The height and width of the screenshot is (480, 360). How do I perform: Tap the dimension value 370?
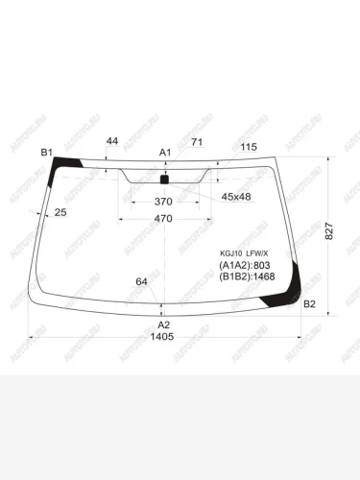(163, 203)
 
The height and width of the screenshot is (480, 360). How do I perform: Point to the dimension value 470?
(163, 220)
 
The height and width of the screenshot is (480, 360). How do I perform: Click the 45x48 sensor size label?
(236, 197)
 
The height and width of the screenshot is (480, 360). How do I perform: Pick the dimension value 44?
(112, 141)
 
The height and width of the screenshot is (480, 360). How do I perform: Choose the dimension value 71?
(197, 143)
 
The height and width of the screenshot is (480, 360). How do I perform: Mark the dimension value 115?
(249, 146)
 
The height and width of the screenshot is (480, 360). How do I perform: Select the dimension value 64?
(142, 281)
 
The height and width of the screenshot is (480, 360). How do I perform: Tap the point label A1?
(164, 153)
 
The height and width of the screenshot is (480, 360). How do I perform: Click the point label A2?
(163, 324)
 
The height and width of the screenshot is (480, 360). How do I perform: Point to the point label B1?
(46, 153)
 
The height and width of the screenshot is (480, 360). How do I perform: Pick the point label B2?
(309, 304)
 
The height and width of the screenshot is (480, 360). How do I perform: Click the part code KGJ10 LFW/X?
(245, 252)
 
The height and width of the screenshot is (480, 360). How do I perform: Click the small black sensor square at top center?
(163, 179)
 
